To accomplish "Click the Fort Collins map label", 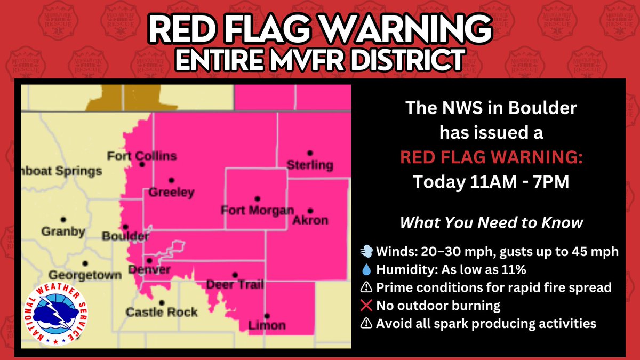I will pos(141,156).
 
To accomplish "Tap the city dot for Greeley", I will pos(172,180).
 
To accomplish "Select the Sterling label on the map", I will pos(310,165).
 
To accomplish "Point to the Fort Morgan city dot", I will pos(257,198).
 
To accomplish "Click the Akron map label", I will pos(310,220).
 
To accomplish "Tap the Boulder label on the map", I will pos(125,236).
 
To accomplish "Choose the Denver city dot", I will pos(149,261).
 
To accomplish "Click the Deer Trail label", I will pos(235,285).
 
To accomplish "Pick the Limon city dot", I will pos(267,316).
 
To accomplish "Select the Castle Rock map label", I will pos(162,312).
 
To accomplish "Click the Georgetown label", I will pos(85,275).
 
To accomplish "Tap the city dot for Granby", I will pos(63,219).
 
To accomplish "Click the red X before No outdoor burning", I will pos(367,306).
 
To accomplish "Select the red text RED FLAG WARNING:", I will pos(491,158).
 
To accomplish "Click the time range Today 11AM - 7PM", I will pos(491,182).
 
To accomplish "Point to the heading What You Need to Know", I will pos(491,222).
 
